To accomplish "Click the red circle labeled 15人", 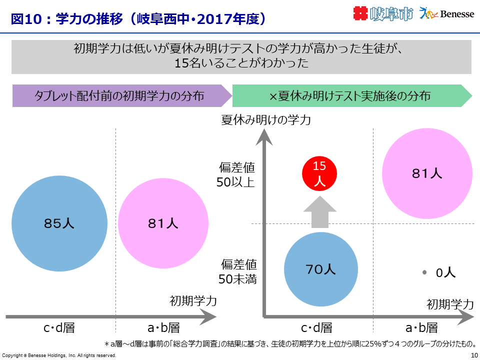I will click(x=320, y=173).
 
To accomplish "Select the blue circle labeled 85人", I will click(x=59, y=224).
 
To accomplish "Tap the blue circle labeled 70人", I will click(x=321, y=269).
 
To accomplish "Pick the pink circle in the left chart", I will click(x=163, y=224).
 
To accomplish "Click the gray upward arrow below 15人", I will click(x=320, y=212).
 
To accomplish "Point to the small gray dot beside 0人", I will click(x=424, y=272).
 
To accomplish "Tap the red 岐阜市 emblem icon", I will click(x=360, y=13).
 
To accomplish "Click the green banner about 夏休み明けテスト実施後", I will click(x=350, y=96).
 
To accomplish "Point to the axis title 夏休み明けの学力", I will click(x=266, y=120).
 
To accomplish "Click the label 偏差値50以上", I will click(x=236, y=174).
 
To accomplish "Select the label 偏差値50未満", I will click(x=236, y=271).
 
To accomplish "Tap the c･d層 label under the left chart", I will click(x=59, y=328).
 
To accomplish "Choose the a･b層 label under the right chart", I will click(x=421, y=328).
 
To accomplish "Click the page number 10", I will click(x=474, y=355).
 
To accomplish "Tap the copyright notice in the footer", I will click(x=59, y=355).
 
